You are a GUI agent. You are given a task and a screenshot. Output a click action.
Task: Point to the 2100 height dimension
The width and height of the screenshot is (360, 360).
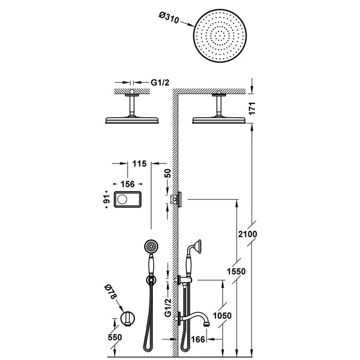[x=247, y=234]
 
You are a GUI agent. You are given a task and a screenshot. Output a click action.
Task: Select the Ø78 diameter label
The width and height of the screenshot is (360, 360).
[x=110, y=294]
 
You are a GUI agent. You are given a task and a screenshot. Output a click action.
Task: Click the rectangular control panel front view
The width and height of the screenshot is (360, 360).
[x=127, y=199]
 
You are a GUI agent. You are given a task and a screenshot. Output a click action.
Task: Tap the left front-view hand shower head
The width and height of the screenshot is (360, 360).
[x=150, y=247]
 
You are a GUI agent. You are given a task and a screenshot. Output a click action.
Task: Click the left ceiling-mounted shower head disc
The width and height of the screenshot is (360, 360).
[x=133, y=120]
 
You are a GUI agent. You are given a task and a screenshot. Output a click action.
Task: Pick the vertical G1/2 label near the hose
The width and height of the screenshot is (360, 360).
[x=168, y=306]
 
